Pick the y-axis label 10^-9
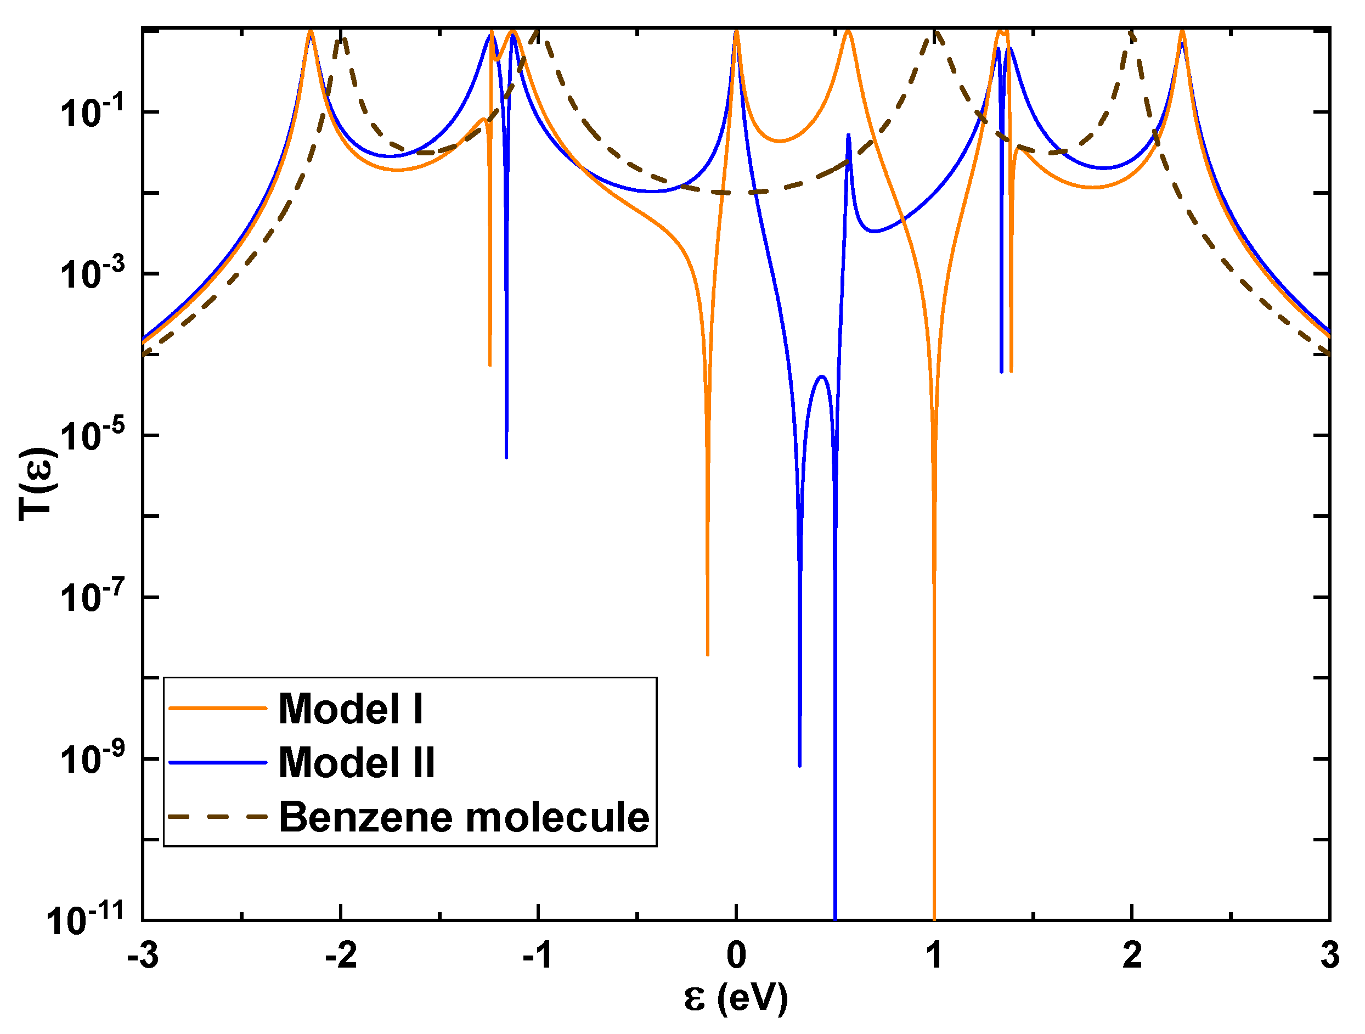click(x=93, y=758)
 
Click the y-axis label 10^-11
click(x=86, y=920)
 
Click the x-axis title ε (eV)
click(x=736, y=999)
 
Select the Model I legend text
click(x=351, y=709)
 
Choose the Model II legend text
click(x=357, y=762)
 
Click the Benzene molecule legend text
click(x=464, y=817)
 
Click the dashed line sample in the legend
click(x=217, y=817)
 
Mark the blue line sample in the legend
click(x=217, y=762)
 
